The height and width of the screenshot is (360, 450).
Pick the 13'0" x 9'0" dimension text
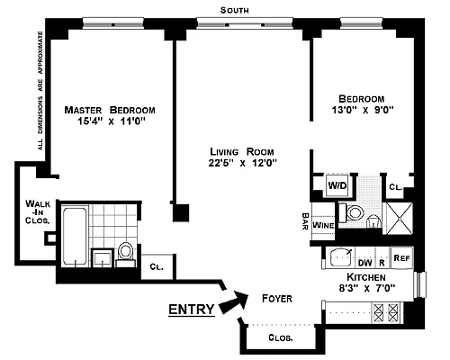coord(361,112)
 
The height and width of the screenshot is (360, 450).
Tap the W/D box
coord(337,186)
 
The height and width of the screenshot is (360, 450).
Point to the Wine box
coord(324,222)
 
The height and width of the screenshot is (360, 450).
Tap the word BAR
coord(306,220)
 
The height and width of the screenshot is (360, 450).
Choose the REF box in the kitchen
coord(401,256)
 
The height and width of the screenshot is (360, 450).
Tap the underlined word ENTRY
coord(192,310)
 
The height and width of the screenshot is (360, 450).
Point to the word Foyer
coord(276,298)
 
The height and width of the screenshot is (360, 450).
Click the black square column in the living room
coord(182,214)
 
